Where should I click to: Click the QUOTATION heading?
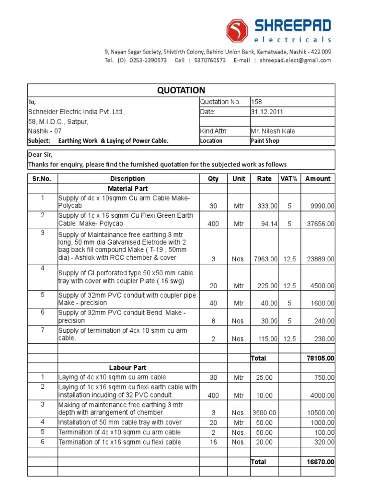[x=181, y=90]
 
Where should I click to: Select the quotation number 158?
[x=257, y=102]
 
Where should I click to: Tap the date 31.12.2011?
[x=267, y=112]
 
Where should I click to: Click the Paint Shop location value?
[x=265, y=141]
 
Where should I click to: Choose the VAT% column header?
[x=289, y=178]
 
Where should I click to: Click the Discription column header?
[x=127, y=178]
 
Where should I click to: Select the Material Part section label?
[x=127, y=188]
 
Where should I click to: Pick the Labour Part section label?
[x=127, y=367]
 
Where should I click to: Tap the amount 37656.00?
[x=321, y=223]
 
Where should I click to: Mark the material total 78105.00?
[x=320, y=358]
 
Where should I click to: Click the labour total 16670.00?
[x=320, y=462]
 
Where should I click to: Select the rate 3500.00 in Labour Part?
[x=264, y=412]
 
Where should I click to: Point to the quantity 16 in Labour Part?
[x=214, y=442]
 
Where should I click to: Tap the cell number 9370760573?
[x=207, y=60]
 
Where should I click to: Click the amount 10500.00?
[x=321, y=412]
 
